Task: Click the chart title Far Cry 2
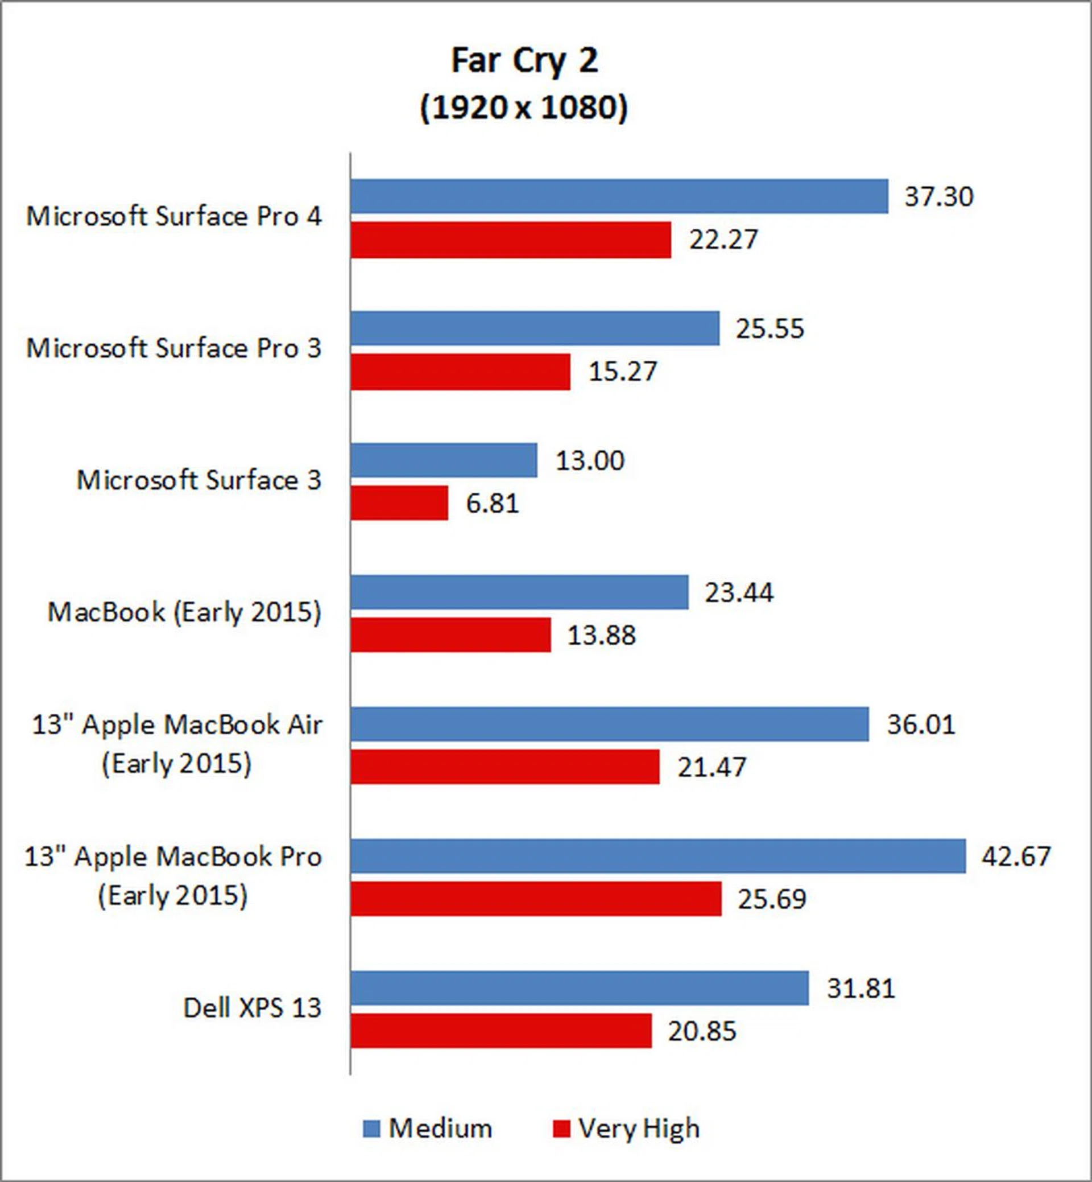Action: pyautogui.click(x=525, y=60)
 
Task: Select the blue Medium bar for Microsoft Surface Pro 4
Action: pyautogui.click(x=619, y=196)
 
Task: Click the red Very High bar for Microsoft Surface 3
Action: pyautogui.click(x=399, y=503)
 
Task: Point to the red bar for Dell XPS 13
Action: pyautogui.click(x=501, y=1031)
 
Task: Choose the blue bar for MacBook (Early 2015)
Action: pyautogui.click(x=519, y=592)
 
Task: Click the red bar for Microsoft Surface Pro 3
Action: pyautogui.click(x=460, y=372)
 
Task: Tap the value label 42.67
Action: pyautogui.click(x=1016, y=856)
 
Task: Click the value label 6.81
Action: pyautogui.click(x=492, y=504)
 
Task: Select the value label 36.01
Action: pyautogui.click(x=921, y=724)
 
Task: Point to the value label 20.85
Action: pyautogui.click(x=702, y=1031)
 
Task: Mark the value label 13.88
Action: pyautogui.click(x=601, y=636)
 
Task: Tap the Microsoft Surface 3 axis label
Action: pyautogui.click(x=199, y=480)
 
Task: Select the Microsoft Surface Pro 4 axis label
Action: pyautogui.click(x=173, y=216)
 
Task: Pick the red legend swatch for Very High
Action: pyautogui.click(x=561, y=1129)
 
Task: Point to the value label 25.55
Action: pyautogui.click(x=770, y=329)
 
